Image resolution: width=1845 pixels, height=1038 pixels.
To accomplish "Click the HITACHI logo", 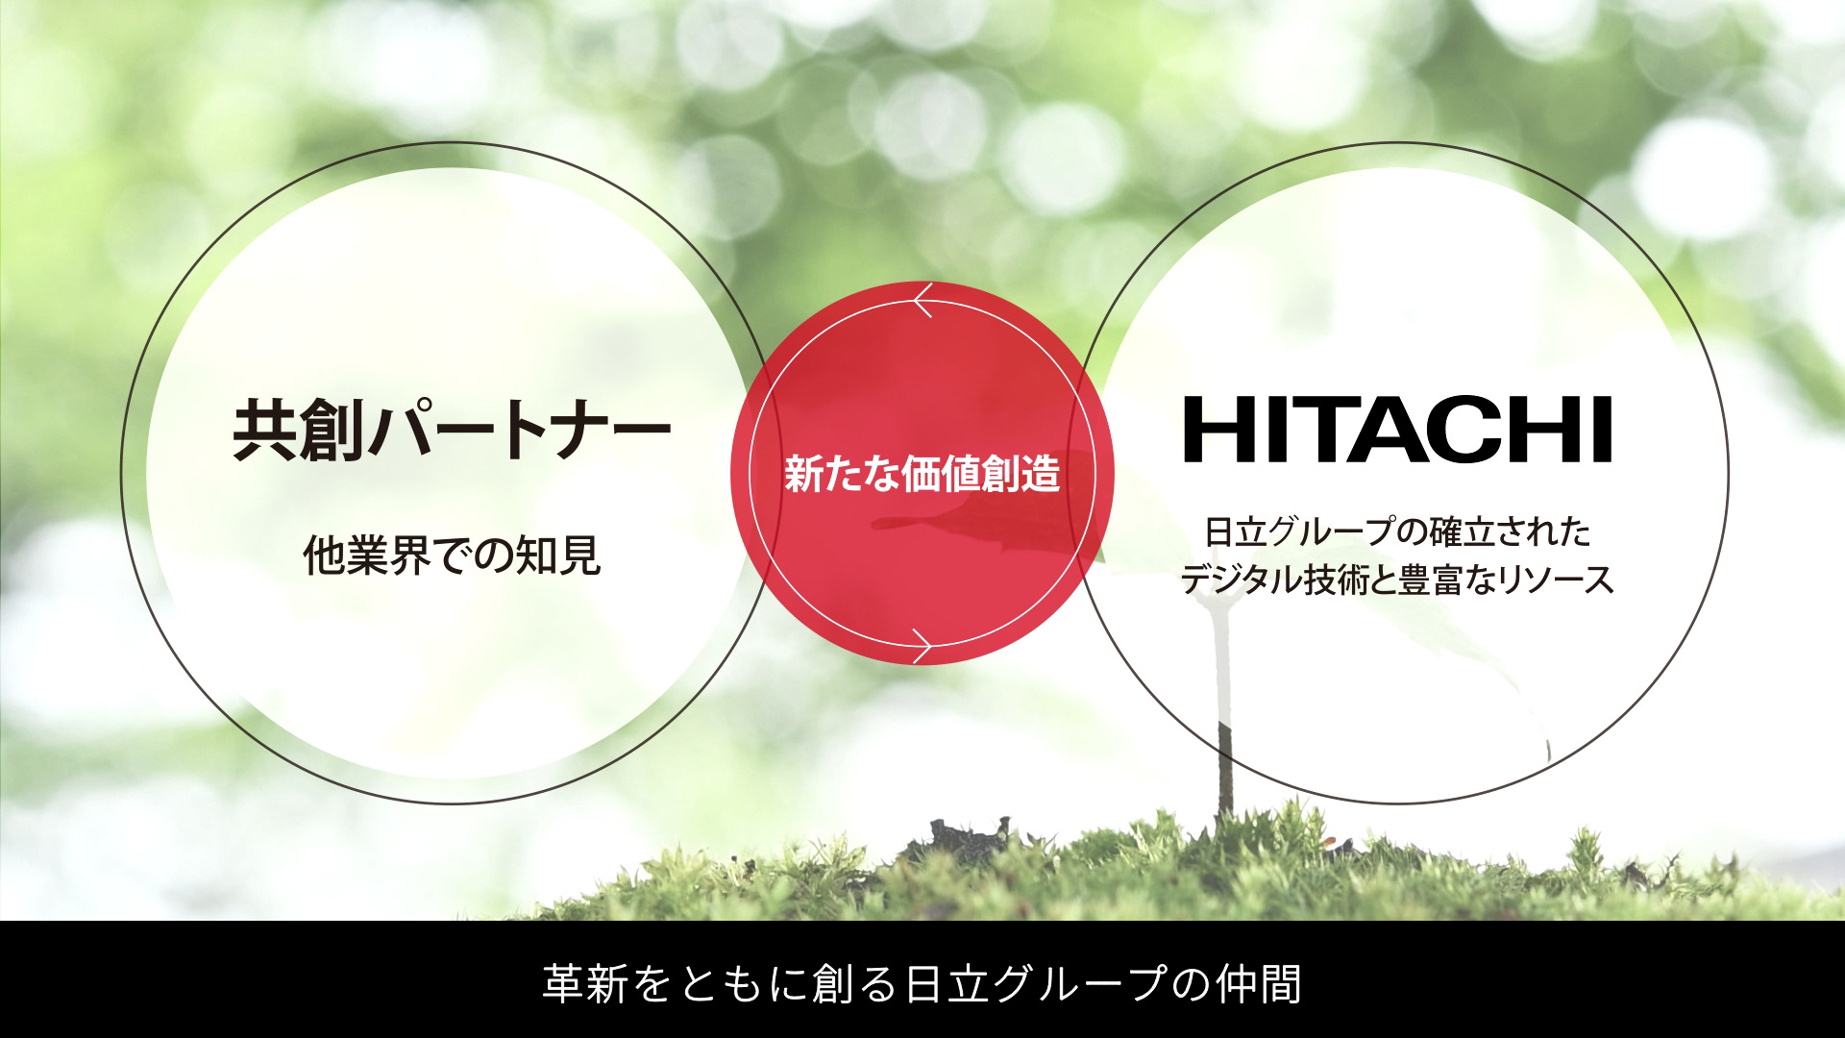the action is (x=1397, y=430).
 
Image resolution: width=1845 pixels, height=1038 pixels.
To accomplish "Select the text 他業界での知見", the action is (x=452, y=555).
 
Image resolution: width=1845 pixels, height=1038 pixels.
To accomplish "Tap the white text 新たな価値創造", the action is (x=922, y=474).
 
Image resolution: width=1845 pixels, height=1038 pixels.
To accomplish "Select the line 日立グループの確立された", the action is (x=1398, y=531).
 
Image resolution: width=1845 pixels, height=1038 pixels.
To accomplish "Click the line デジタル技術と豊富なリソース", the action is (x=1397, y=580).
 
